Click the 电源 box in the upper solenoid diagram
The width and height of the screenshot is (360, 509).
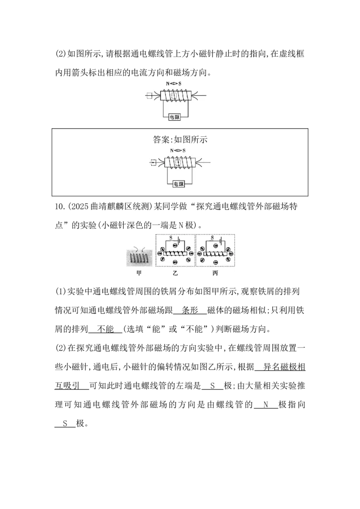[175, 117]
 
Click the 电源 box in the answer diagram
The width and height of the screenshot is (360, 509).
[178, 184]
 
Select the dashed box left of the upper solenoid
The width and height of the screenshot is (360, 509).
[149, 96]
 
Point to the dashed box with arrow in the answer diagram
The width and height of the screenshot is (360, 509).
[153, 163]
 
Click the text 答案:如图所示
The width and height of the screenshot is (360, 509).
[180, 139]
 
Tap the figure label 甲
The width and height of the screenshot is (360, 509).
[139, 273]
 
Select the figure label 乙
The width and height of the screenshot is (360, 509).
[175, 273]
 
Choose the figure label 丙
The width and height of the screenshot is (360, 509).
[215, 273]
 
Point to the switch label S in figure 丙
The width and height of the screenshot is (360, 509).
[212, 238]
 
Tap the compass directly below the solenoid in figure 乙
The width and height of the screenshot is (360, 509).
[175, 262]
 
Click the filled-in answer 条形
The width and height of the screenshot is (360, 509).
[190, 310]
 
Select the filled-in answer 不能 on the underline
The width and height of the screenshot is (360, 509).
[106, 329]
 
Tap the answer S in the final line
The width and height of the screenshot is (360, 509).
[65, 423]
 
